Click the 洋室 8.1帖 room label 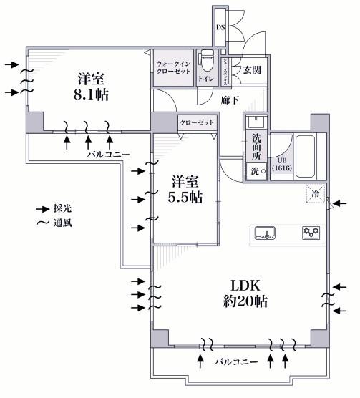[91, 87]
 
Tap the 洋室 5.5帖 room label [185, 189]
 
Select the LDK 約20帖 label [245, 293]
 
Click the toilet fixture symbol [208, 61]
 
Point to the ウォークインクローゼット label [173, 67]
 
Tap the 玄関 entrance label [252, 70]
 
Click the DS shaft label [220, 27]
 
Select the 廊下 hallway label [230, 100]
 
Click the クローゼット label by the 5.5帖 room [197, 122]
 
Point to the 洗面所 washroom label [256, 147]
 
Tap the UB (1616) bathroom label [282, 164]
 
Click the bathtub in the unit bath [306, 157]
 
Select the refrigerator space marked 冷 [316, 194]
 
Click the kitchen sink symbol [265, 233]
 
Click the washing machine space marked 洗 [256, 172]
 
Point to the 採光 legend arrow [43, 209]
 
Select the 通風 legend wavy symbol [43, 223]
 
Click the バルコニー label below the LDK [236, 361]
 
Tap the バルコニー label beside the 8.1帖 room [109, 154]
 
